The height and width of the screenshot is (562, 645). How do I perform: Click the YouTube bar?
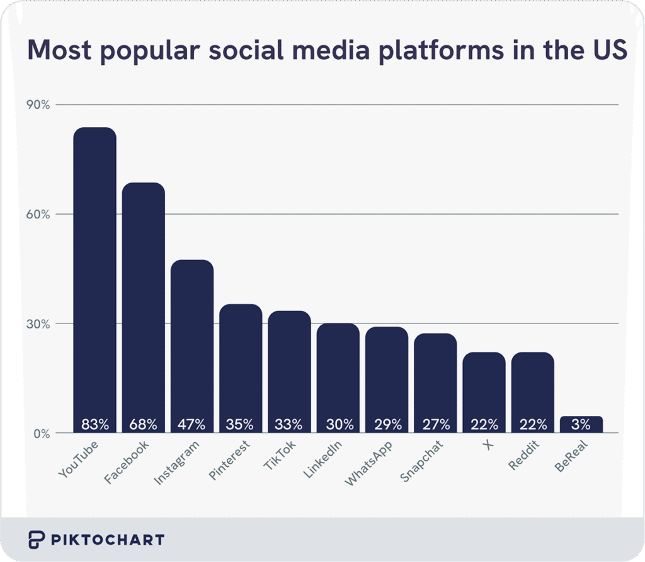point(94,277)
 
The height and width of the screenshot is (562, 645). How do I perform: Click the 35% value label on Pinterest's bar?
point(241,424)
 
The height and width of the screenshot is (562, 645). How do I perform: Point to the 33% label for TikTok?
point(289,424)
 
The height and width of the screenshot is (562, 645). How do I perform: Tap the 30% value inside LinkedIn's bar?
point(338,424)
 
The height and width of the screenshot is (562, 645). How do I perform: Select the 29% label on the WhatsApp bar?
point(387,424)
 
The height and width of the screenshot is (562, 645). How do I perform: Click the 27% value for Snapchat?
point(435,424)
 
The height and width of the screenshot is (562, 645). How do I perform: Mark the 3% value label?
point(581,424)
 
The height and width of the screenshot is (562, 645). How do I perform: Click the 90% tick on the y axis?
point(38,104)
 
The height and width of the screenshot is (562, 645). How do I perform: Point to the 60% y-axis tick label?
point(38,214)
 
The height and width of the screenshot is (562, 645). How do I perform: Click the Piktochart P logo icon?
point(37,539)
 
